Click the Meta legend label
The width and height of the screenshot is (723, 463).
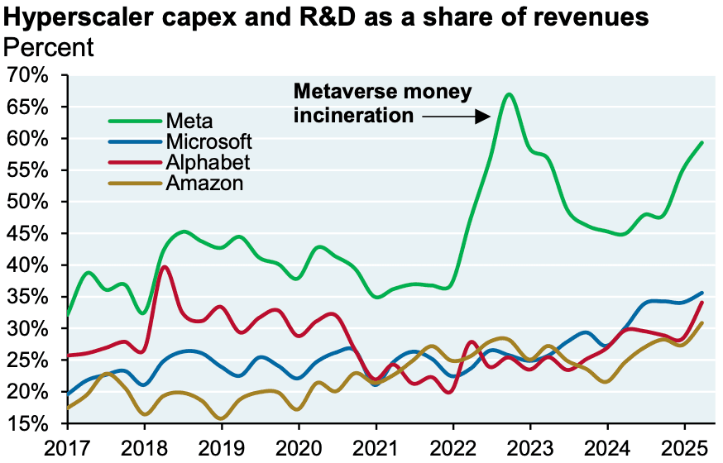click(189, 122)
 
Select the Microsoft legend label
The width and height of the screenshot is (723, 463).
click(208, 141)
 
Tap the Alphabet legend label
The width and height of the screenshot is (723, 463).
click(207, 162)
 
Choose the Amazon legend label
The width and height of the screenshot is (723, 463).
click(204, 183)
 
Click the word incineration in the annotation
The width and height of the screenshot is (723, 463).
click(353, 115)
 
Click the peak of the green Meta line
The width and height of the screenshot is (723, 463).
click(510, 94)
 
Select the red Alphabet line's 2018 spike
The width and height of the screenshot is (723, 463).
click(165, 266)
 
